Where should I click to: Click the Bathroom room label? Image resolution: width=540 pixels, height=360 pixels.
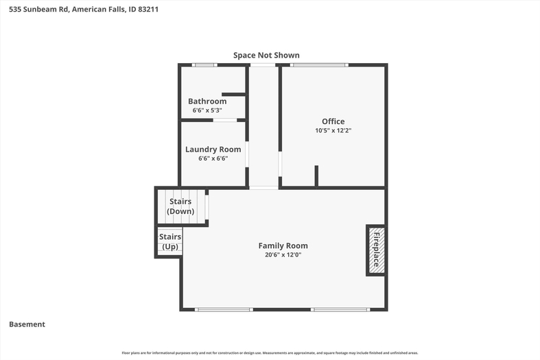[207, 101]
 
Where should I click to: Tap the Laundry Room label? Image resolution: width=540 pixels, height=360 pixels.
[213, 149]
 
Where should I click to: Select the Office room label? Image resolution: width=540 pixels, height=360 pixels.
[333, 121]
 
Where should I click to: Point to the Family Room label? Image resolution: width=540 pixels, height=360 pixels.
[283, 245]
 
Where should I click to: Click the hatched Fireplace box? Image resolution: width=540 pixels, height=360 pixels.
[377, 250]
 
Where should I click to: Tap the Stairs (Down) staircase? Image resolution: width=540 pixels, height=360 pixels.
[181, 206]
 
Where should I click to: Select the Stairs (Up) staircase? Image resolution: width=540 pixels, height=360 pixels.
[169, 241]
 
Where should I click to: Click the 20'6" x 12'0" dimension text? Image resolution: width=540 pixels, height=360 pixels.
[283, 255]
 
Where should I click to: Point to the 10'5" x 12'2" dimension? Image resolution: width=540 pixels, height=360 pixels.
[333, 131]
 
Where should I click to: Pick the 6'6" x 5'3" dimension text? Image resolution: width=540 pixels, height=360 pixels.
[207, 110]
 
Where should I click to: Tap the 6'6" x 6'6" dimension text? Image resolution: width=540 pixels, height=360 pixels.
[213, 158]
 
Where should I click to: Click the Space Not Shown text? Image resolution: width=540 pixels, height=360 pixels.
[266, 55]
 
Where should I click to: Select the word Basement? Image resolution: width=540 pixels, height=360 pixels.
[27, 324]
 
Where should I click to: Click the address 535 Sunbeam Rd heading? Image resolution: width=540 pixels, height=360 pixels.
[84, 10]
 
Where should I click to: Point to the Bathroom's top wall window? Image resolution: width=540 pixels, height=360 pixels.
[204, 65]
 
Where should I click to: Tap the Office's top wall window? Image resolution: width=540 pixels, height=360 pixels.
[319, 65]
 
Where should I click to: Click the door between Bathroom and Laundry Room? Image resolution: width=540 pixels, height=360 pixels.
[225, 120]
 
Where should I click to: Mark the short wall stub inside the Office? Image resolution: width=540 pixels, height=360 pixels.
[316, 176]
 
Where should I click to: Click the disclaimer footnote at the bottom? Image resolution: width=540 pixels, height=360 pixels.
[270, 352]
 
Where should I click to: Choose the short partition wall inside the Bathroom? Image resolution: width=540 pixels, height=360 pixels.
[234, 95]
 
